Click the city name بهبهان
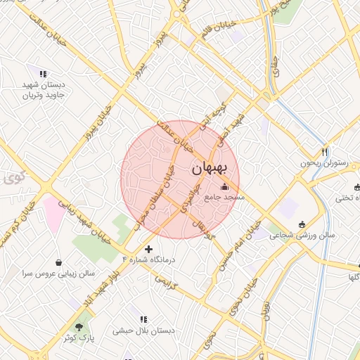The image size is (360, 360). (x=210, y=169)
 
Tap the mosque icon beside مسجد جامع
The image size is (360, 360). (x=224, y=186)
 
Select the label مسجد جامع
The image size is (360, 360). (x=224, y=198)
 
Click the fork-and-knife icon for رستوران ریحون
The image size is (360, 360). (x=324, y=151)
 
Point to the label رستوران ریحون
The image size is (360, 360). (x=325, y=163)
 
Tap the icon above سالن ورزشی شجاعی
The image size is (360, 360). (x=302, y=224)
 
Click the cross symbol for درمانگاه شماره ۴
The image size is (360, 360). (x=148, y=249)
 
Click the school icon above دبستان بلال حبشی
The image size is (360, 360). (x=144, y=319)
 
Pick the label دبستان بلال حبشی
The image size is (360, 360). (x=144, y=330)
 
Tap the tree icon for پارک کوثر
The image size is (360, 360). (x=79, y=326)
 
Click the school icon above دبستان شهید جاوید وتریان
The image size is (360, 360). (x=43, y=73)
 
